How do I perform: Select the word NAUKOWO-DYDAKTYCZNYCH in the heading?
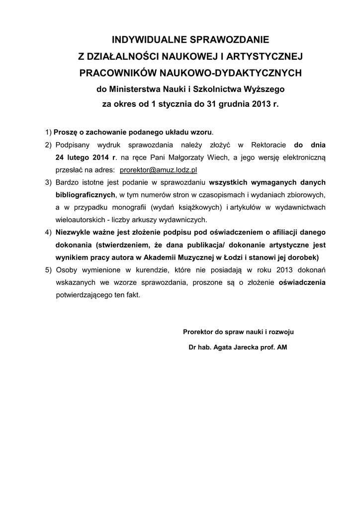click(230, 73)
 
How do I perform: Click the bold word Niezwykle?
click(74, 232)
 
